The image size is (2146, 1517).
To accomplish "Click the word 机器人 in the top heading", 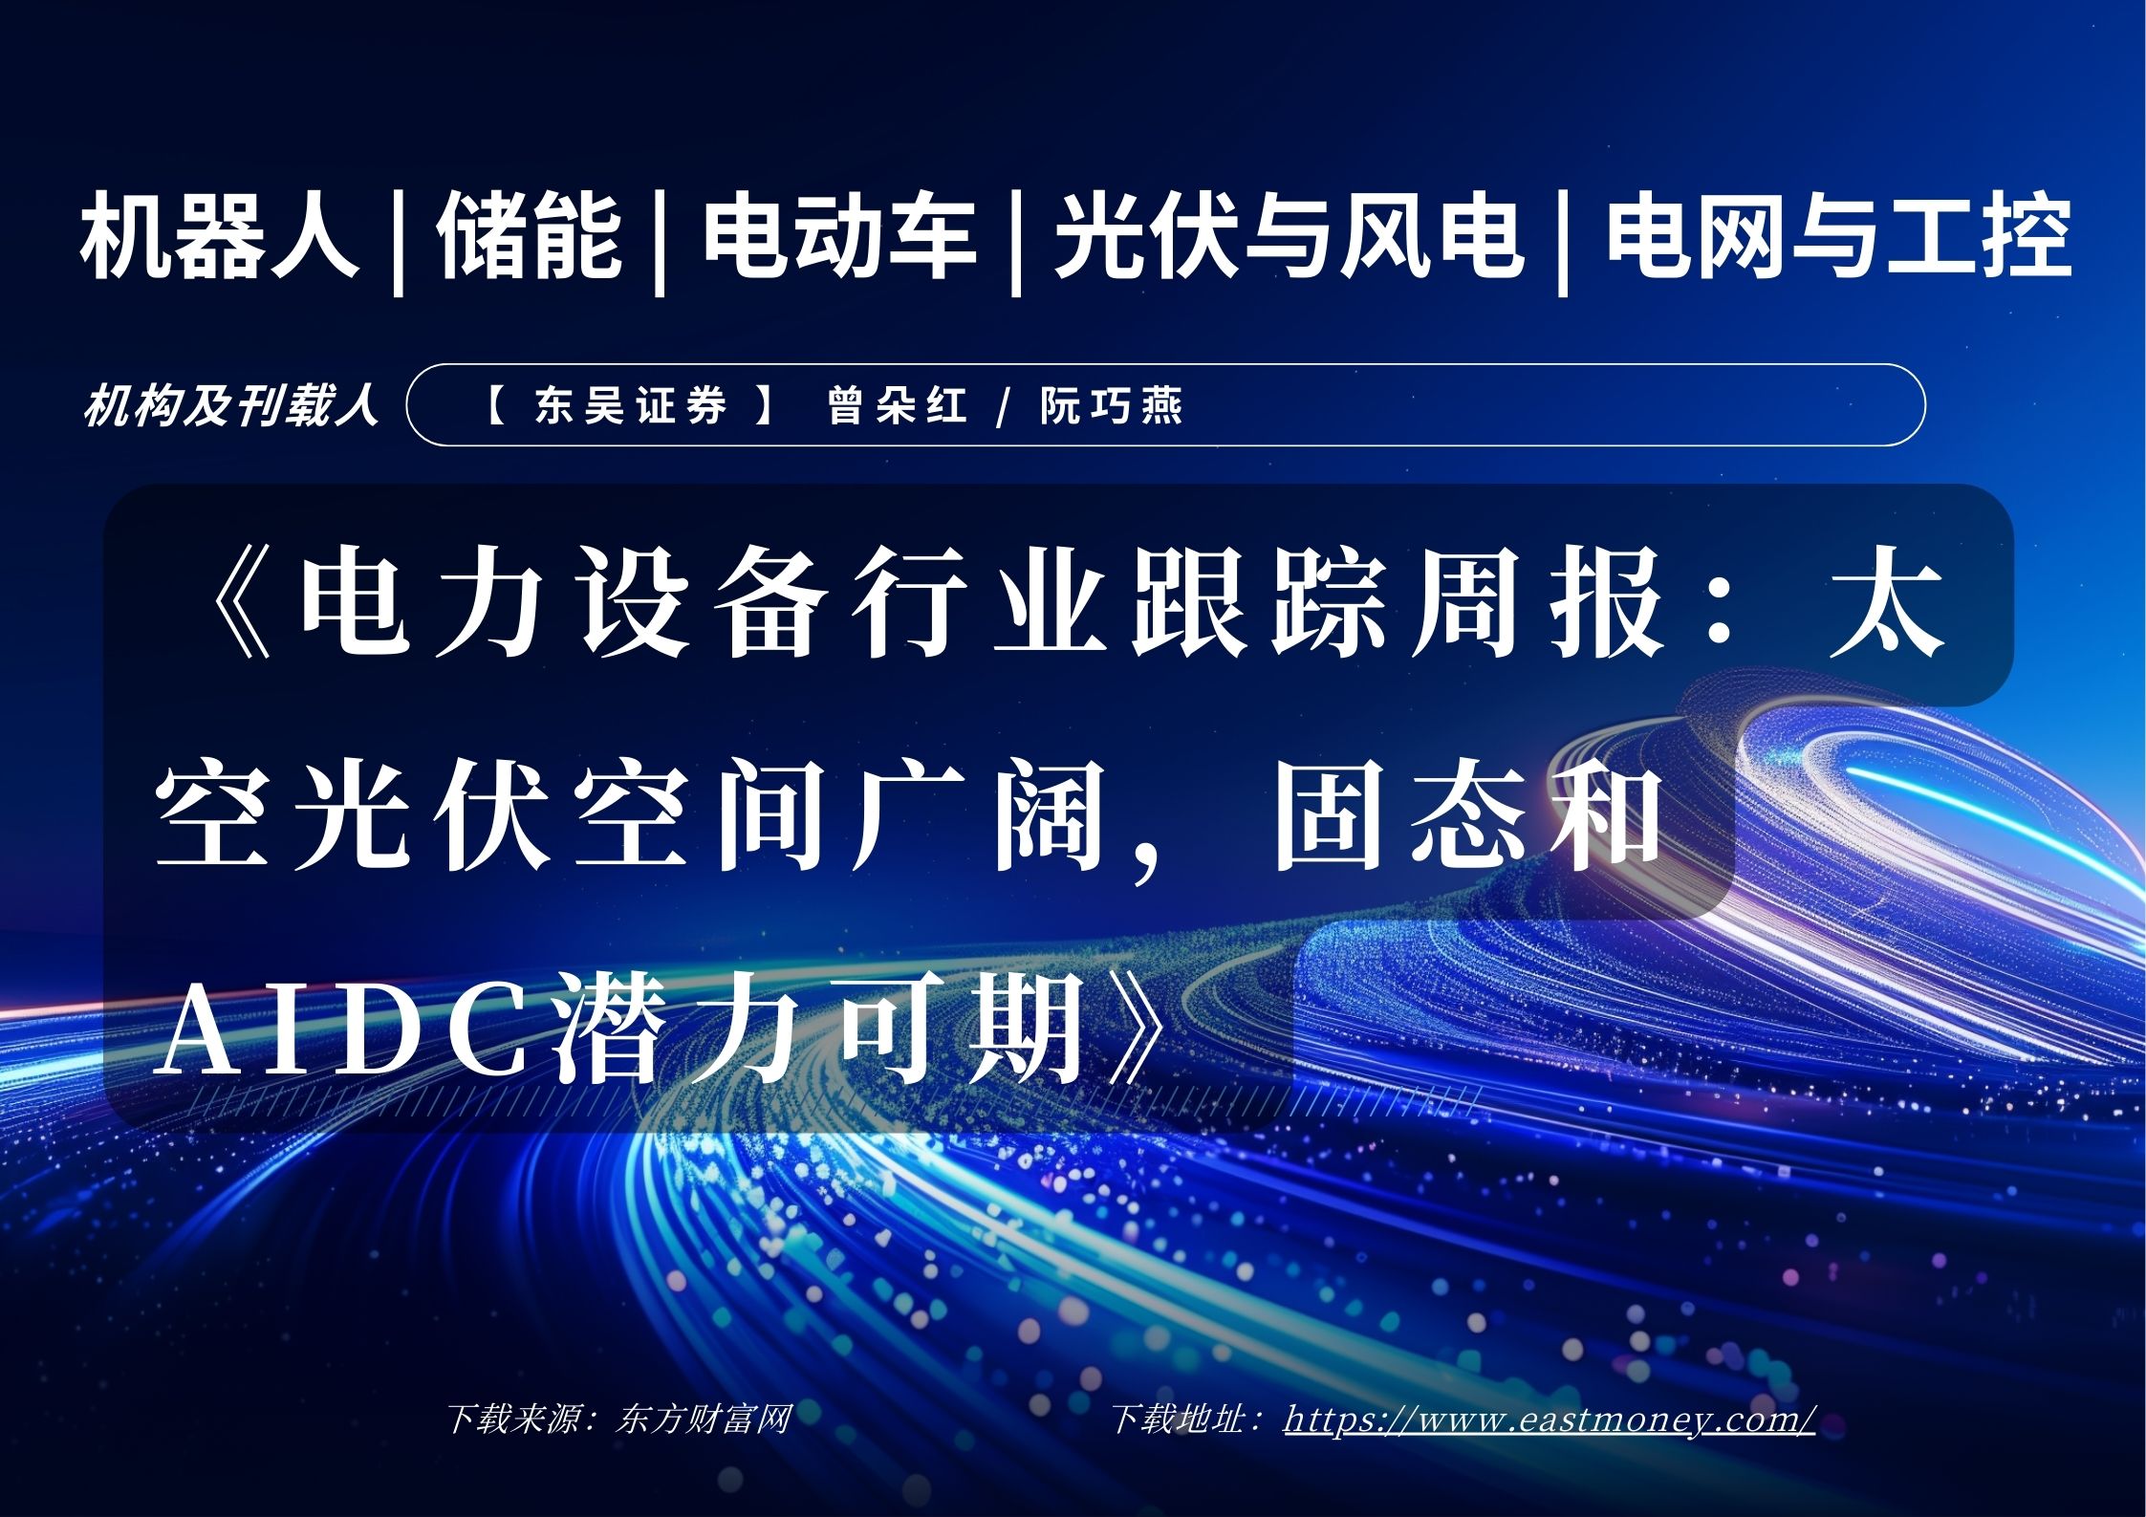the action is pos(219,236).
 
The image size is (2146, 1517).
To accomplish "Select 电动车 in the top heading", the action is pos(840,236).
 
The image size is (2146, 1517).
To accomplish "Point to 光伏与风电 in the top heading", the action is pos(1288,236).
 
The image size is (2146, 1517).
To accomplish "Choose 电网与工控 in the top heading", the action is pos(1838,236).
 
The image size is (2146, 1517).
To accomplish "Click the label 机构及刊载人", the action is pos(230,405).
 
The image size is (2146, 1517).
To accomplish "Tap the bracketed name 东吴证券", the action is pos(631,405).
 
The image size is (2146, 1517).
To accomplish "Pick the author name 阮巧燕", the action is pos(1112,405).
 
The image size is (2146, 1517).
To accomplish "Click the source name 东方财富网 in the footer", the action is pos(704,1419).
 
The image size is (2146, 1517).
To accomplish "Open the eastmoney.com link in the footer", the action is pos(1550,1419).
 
